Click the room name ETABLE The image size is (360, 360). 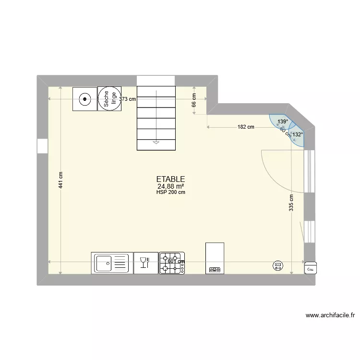tap(170, 179)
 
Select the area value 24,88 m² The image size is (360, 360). tap(170, 186)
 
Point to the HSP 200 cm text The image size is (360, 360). tap(170, 192)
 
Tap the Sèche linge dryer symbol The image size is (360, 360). tap(109, 99)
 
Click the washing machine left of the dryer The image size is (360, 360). tap(85, 99)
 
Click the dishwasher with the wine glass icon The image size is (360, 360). tap(146, 263)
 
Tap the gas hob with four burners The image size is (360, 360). tap(172, 263)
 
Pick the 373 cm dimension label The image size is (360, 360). tap(128, 99)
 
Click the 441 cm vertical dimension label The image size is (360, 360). tap(60, 180)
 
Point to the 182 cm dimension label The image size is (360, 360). tap(246, 127)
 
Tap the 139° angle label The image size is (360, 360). tap(283, 122)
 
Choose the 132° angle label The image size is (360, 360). tap(298, 135)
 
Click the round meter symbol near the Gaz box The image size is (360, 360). tap(277, 265)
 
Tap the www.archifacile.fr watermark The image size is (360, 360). tap(330, 315)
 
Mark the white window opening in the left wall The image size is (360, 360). tap(42, 146)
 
